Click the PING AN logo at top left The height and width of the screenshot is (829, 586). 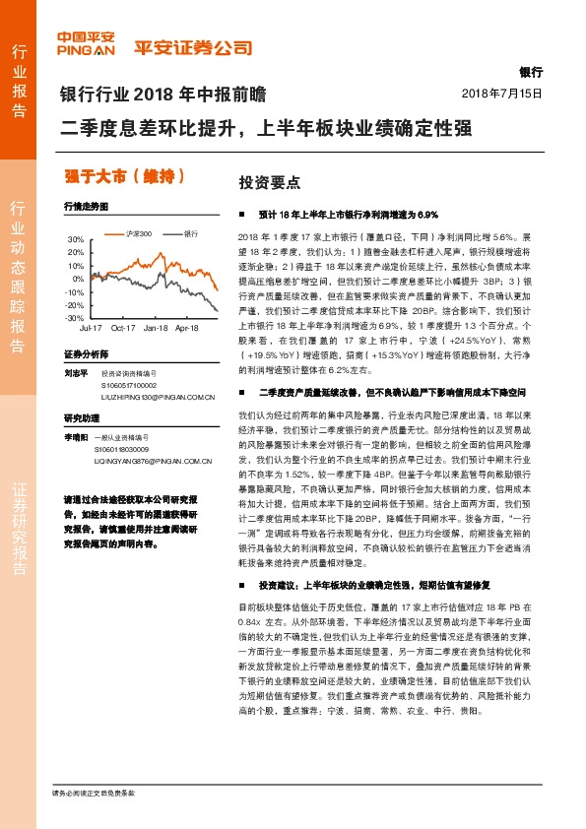pos(87,44)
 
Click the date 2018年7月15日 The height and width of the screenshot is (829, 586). pos(502,93)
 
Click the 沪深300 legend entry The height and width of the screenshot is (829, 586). pos(136,233)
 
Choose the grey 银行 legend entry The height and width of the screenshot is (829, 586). pos(189,233)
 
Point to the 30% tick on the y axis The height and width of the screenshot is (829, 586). pos(76,239)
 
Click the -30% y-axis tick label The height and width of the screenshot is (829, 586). pos(75,318)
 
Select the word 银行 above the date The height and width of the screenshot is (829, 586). pos(531,72)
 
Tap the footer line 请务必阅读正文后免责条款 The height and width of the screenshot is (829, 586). pos(93,793)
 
